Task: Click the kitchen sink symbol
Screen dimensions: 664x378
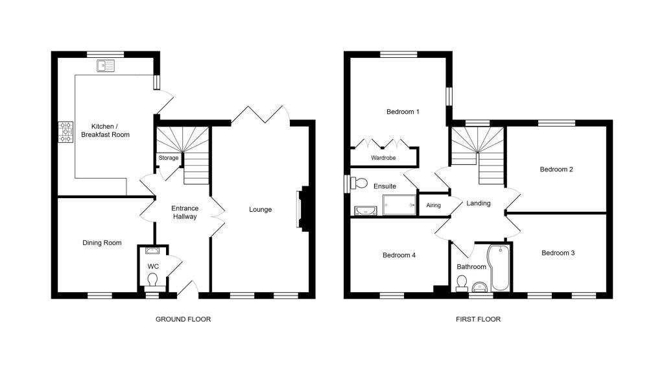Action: [106, 66]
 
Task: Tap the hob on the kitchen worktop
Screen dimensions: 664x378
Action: [65, 132]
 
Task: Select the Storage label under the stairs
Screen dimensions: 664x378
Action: [169, 158]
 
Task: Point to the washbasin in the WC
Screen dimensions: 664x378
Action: [152, 251]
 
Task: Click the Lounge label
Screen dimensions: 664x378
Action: [261, 210]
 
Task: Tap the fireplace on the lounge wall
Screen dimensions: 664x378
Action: [303, 209]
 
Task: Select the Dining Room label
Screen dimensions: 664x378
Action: [102, 243]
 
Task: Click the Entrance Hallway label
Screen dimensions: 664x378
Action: [185, 212]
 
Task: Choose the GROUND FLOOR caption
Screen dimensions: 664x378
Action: [183, 319]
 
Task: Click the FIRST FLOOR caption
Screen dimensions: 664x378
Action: [478, 319]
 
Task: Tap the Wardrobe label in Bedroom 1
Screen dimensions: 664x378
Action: [383, 158]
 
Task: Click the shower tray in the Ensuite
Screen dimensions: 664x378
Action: [399, 205]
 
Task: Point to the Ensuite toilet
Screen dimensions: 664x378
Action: [357, 183]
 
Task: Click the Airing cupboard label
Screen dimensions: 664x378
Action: [433, 205]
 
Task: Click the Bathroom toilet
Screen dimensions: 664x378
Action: [462, 284]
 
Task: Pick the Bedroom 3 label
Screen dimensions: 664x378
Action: [558, 253]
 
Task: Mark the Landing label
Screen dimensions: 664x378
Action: [479, 204]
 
